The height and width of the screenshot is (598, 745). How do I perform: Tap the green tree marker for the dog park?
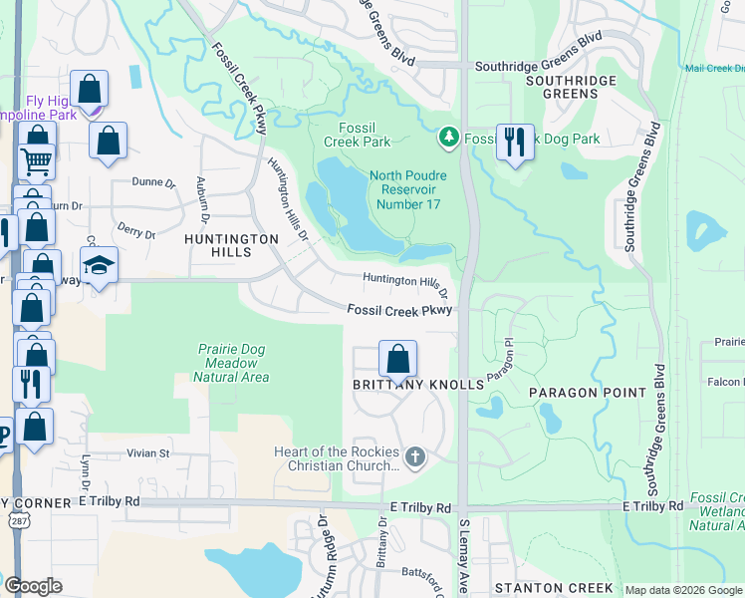click(x=449, y=137)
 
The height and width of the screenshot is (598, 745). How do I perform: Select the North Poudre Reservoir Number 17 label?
click(x=408, y=190)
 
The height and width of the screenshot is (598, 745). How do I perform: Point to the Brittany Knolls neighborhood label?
click(x=402, y=385)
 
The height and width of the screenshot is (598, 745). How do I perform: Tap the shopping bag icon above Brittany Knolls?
click(x=397, y=358)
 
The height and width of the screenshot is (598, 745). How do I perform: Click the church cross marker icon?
click(x=415, y=458)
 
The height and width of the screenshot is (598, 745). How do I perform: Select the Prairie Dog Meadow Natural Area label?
click(x=230, y=363)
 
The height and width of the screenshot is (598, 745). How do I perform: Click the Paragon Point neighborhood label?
click(x=587, y=393)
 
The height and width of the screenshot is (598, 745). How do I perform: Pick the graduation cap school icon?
click(x=99, y=265)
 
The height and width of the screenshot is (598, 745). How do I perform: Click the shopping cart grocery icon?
click(x=37, y=158)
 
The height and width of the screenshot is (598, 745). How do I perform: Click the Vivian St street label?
click(x=149, y=452)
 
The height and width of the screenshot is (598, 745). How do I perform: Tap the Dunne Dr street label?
click(x=153, y=182)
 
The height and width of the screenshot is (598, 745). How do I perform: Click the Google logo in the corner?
click(x=33, y=586)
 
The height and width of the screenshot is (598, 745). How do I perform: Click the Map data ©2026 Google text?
click(x=682, y=590)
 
